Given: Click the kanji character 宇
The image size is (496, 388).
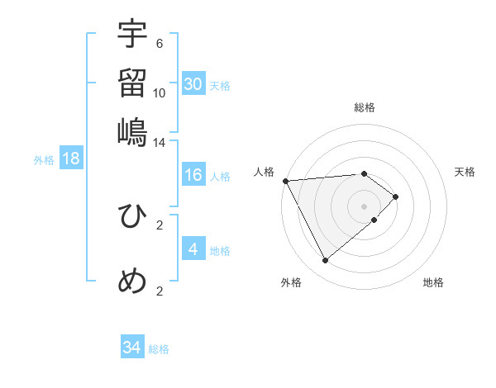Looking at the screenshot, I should tap(132, 35).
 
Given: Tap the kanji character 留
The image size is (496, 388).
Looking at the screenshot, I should tap(132, 83).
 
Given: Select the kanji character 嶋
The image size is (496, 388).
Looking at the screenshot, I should tap(132, 132).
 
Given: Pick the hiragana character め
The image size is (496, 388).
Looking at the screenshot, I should tap(132, 281).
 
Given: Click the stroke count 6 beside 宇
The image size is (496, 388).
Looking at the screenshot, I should tap(160, 44).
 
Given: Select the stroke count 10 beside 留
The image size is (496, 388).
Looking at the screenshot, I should tap(160, 92).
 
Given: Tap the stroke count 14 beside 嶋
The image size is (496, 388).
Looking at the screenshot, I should tap(160, 142).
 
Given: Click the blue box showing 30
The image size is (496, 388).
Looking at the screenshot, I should tap(193, 84).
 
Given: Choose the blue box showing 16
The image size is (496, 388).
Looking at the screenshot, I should tap(193, 175).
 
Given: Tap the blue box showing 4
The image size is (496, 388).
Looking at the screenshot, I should tap(193, 248).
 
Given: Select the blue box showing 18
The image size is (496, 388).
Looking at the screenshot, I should tap(71, 159).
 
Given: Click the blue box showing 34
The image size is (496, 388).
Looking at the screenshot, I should tap(132, 348).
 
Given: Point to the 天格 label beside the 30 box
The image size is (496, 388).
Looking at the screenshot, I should tap(220, 86).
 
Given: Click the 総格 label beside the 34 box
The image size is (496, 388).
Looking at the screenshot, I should tap(159, 349).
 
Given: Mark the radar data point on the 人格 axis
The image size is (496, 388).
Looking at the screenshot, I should tap(285, 181).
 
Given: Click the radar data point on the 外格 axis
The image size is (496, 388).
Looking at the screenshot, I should tap(325, 261).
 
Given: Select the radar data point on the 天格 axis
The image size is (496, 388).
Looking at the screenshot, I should tap(396, 196).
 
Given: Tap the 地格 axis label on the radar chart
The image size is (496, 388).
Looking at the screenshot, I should tap(433, 283).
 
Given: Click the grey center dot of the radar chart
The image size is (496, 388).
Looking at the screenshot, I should tap(365, 206).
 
